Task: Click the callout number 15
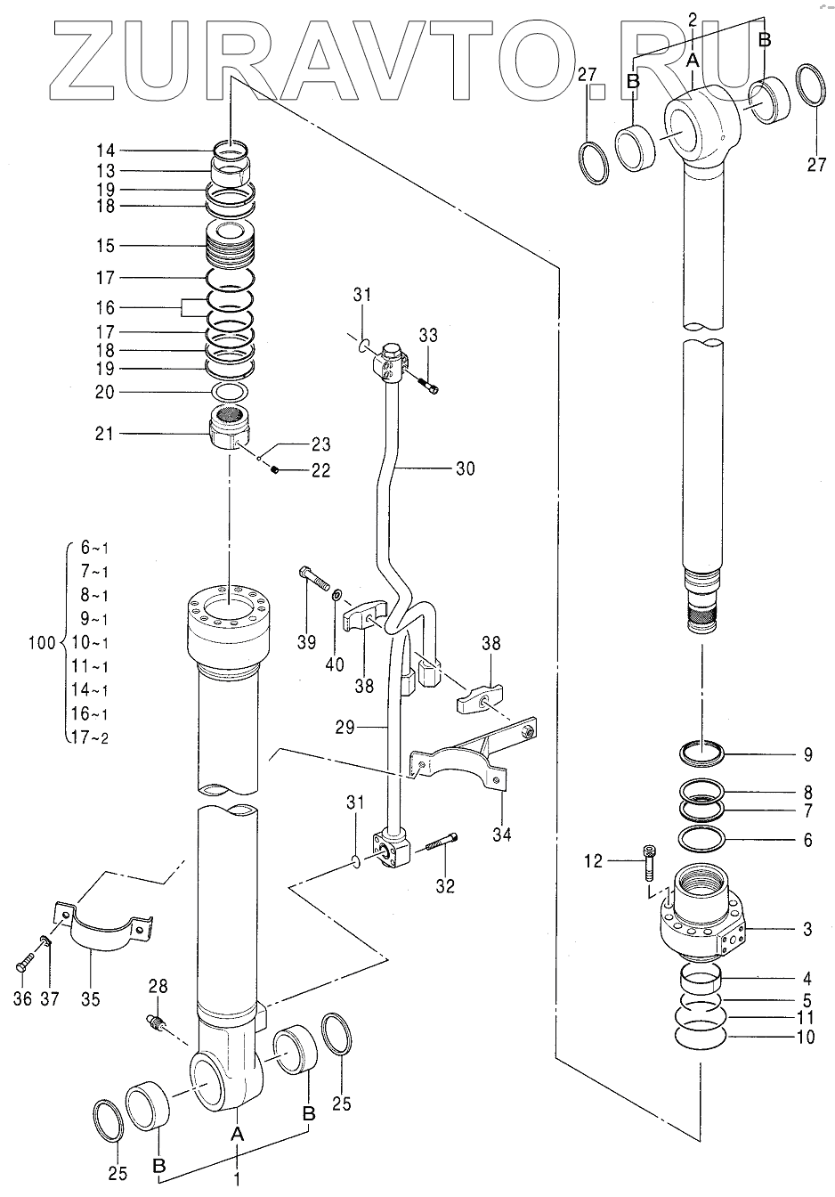(x=106, y=246)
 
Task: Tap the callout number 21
(x=105, y=434)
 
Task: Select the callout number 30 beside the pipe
(x=466, y=468)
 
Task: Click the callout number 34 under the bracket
(x=502, y=834)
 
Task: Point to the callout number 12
(x=594, y=861)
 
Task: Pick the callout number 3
(x=807, y=929)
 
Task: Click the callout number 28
(x=158, y=986)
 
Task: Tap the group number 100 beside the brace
(x=42, y=643)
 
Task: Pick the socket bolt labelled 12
(x=649, y=862)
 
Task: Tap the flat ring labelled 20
(x=230, y=393)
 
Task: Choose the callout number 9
(x=807, y=754)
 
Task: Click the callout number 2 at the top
(x=693, y=20)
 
